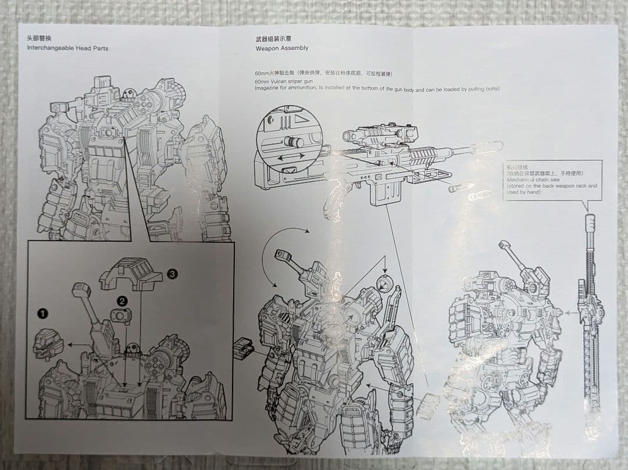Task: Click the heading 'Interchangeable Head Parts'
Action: (67, 48)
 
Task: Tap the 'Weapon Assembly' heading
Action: (282, 48)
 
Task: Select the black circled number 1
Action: (43, 314)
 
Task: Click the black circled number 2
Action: (122, 301)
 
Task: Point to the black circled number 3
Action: (172, 274)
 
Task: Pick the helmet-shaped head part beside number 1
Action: (49, 342)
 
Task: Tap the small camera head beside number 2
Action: (121, 315)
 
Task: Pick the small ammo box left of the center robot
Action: (242, 349)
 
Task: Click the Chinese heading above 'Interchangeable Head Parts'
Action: (38, 38)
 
